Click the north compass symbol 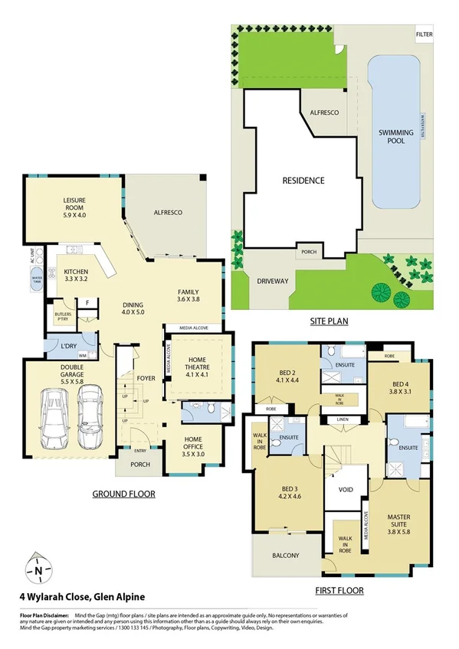[x=38, y=569]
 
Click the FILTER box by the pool [x=424, y=35]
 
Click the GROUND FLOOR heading [x=123, y=494]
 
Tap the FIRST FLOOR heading [x=338, y=591]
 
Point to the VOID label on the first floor [x=346, y=489]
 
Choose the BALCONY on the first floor [x=284, y=556]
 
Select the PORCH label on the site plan [x=309, y=252]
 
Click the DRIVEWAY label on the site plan [x=273, y=281]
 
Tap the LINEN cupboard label [x=338, y=420]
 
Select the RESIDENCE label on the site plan [x=303, y=181]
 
